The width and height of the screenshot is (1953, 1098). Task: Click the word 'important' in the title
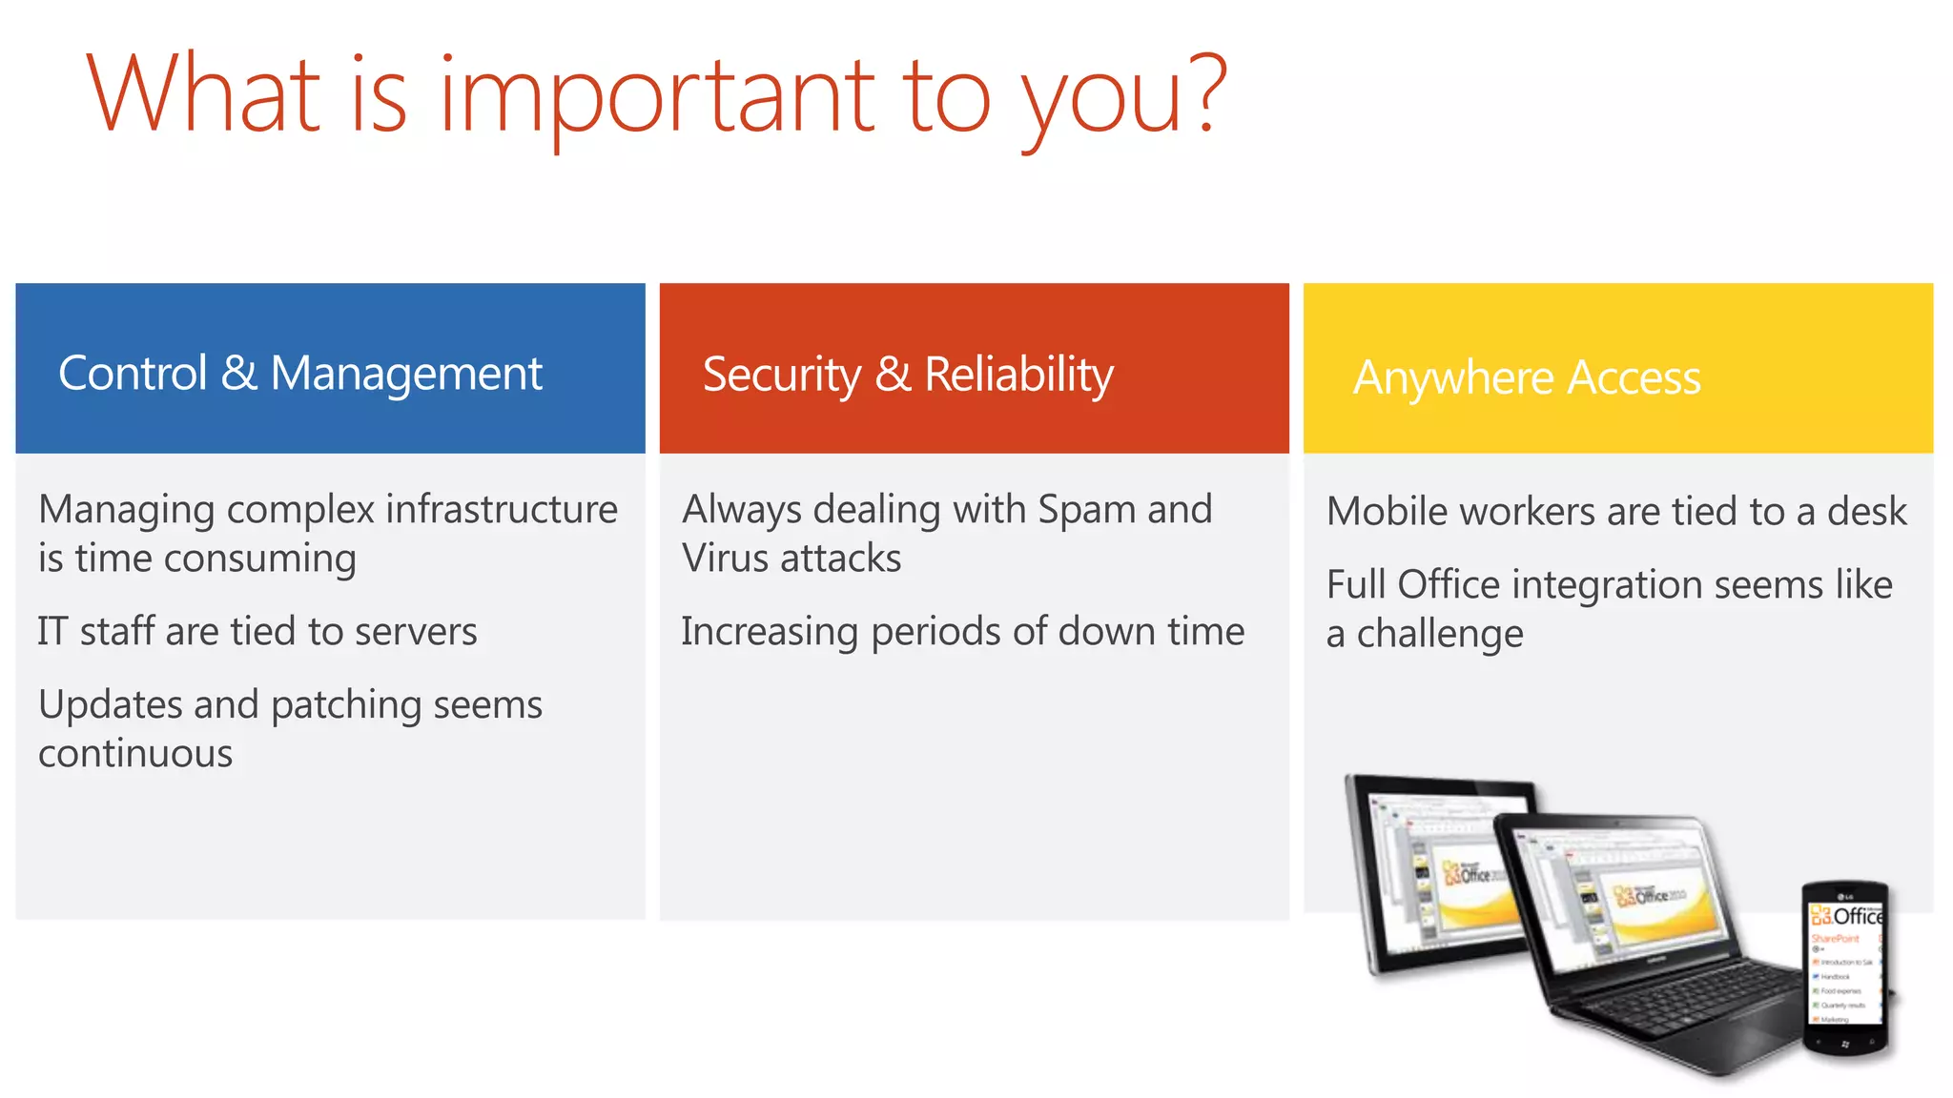pyautogui.click(x=656, y=95)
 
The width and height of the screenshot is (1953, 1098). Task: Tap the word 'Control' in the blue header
pyautogui.click(x=133, y=373)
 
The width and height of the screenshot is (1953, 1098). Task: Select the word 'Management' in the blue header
pyautogui.click(x=406, y=375)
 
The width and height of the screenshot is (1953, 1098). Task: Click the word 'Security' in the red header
pyautogui.click(x=781, y=375)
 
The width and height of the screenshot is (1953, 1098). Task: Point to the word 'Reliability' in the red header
pyautogui.click(x=1018, y=375)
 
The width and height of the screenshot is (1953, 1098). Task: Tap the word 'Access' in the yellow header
pyautogui.click(x=1634, y=378)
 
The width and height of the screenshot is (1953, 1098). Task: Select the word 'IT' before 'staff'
pyautogui.click(x=52, y=632)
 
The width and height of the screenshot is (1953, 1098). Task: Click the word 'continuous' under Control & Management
pyautogui.click(x=135, y=754)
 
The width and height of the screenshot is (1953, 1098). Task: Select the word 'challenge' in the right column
pyautogui.click(x=1440, y=634)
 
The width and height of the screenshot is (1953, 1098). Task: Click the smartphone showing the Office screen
pyautogui.click(x=1845, y=967)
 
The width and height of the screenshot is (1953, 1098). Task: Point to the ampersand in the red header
pyautogui.click(x=893, y=375)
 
